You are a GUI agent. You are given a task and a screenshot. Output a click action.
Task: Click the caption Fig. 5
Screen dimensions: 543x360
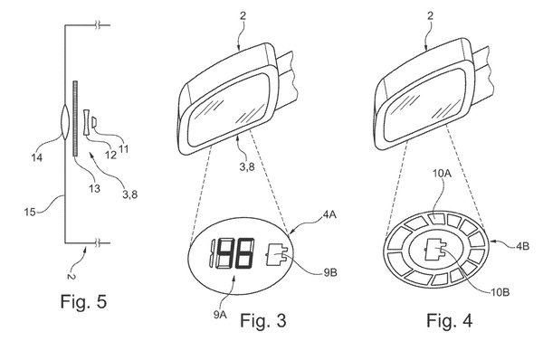[x=83, y=301]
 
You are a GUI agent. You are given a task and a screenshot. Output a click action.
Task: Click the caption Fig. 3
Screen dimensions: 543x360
[x=263, y=320]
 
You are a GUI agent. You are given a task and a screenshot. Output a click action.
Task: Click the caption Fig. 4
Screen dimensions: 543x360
[x=449, y=320]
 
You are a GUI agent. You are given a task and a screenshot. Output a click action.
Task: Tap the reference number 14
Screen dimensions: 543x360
[x=37, y=158]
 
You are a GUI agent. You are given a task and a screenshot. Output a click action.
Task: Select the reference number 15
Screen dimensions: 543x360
[x=30, y=212]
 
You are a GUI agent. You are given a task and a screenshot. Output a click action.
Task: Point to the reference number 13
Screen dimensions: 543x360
[x=94, y=188]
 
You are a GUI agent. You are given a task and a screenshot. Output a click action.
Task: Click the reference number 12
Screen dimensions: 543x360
[x=110, y=155]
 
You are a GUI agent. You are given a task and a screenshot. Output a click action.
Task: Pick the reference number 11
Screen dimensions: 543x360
[x=124, y=149]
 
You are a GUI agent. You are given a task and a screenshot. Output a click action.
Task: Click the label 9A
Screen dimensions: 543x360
[x=220, y=315]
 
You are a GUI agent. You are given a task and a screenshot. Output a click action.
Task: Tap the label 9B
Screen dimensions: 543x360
[x=330, y=273]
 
